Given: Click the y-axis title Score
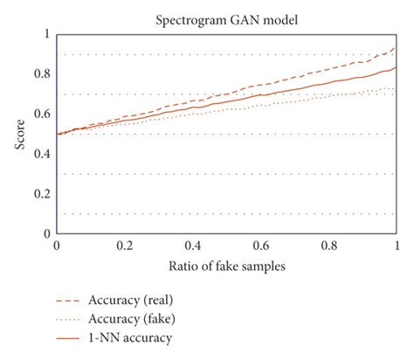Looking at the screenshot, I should coord(19,134).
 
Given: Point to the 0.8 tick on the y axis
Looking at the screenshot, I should coord(41,74).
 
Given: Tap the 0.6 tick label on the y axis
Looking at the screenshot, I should coord(41,114).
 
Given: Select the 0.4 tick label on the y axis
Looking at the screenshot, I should coord(41,155).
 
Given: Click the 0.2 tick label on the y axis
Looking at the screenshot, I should coord(41,195).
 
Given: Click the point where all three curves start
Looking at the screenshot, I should coord(57,135).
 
